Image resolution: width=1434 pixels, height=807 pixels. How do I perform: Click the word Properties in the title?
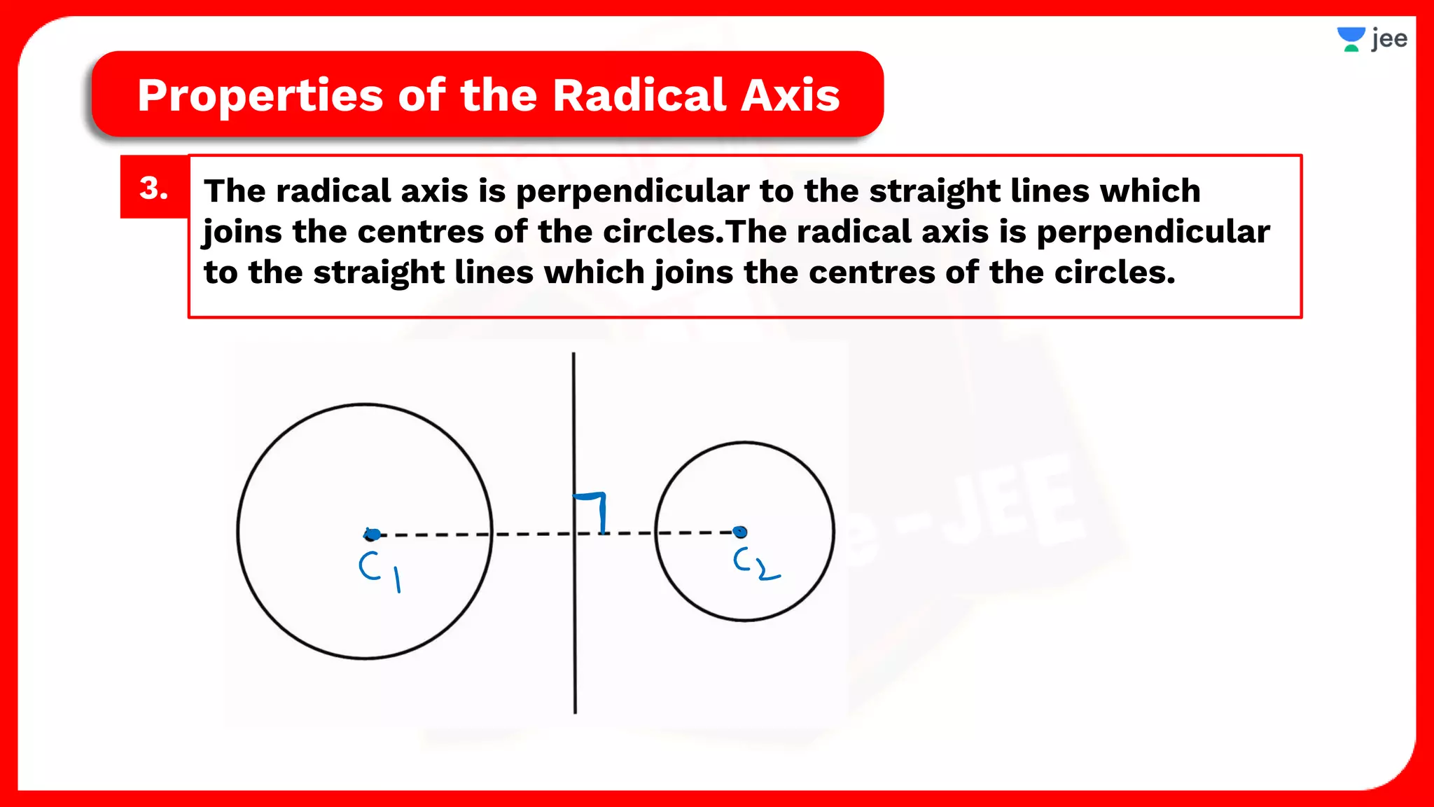(x=260, y=96)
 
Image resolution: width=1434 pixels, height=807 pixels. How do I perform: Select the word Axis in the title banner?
(x=790, y=95)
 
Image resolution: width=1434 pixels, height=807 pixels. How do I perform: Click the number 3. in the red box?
(x=154, y=188)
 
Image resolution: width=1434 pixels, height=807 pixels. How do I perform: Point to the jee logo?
(x=1372, y=39)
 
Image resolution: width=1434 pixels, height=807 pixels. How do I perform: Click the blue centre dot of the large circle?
(x=373, y=534)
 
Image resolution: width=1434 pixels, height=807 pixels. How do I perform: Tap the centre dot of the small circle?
(x=740, y=532)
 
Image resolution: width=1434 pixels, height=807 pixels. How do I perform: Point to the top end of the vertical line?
(x=573, y=355)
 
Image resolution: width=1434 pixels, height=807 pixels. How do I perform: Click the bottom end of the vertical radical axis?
(x=575, y=711)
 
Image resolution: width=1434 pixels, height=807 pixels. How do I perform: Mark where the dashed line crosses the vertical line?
(x=574, y=534)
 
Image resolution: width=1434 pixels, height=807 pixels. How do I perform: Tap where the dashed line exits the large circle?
(x=492, y=534)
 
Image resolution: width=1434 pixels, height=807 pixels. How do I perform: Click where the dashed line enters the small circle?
(x=656, y=533)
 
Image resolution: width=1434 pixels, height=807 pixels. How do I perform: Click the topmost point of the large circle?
(x=365, y=404)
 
